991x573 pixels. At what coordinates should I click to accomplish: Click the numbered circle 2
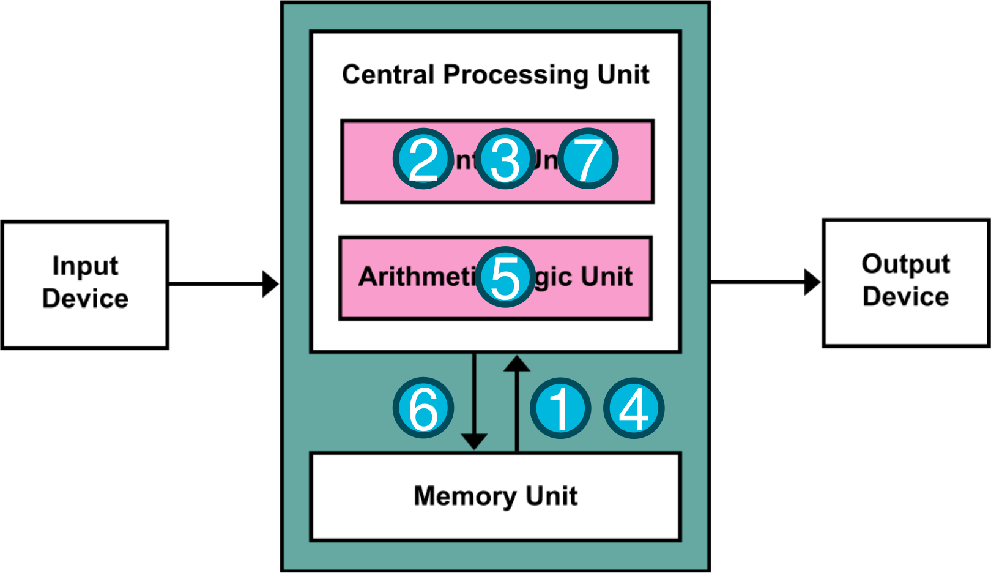(423, 159)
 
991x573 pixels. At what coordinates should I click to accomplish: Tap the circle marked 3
(505, 159)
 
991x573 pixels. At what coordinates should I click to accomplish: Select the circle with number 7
(588, 159)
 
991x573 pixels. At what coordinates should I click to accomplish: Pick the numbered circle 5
(505, 277)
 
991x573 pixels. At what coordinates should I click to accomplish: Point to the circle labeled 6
(423, 408)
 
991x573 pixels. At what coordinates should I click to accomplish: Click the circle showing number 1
(560, 408)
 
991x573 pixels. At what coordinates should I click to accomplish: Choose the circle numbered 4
(634, 408)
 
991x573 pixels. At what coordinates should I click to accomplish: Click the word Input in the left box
(85, 266)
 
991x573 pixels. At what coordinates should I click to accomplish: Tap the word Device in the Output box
(905, 297)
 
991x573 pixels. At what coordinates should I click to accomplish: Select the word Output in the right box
(905, 264)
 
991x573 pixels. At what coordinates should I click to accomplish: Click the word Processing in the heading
(517, 75)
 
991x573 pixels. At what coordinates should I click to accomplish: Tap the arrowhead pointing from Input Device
(270, 284)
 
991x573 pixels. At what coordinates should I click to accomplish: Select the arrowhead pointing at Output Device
(812, 282)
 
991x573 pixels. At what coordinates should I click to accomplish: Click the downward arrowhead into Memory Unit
(474, 441)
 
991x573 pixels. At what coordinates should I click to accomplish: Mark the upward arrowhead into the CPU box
(517, 364)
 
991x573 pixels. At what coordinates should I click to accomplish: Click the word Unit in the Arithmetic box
(606, 277)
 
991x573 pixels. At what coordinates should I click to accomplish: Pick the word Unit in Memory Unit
(552, 496)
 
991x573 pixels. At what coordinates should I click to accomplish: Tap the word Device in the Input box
(85, 299)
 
